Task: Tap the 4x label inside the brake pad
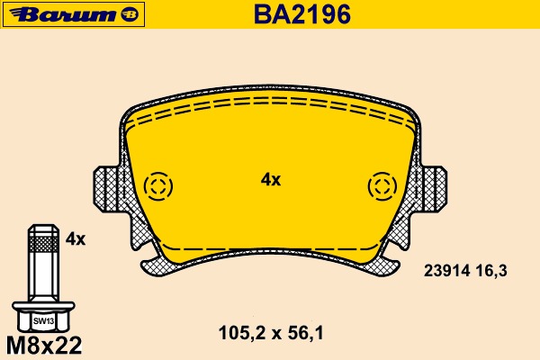pos(270,180)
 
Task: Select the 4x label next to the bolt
pos(76,239)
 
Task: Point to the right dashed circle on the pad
pos(382,186)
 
